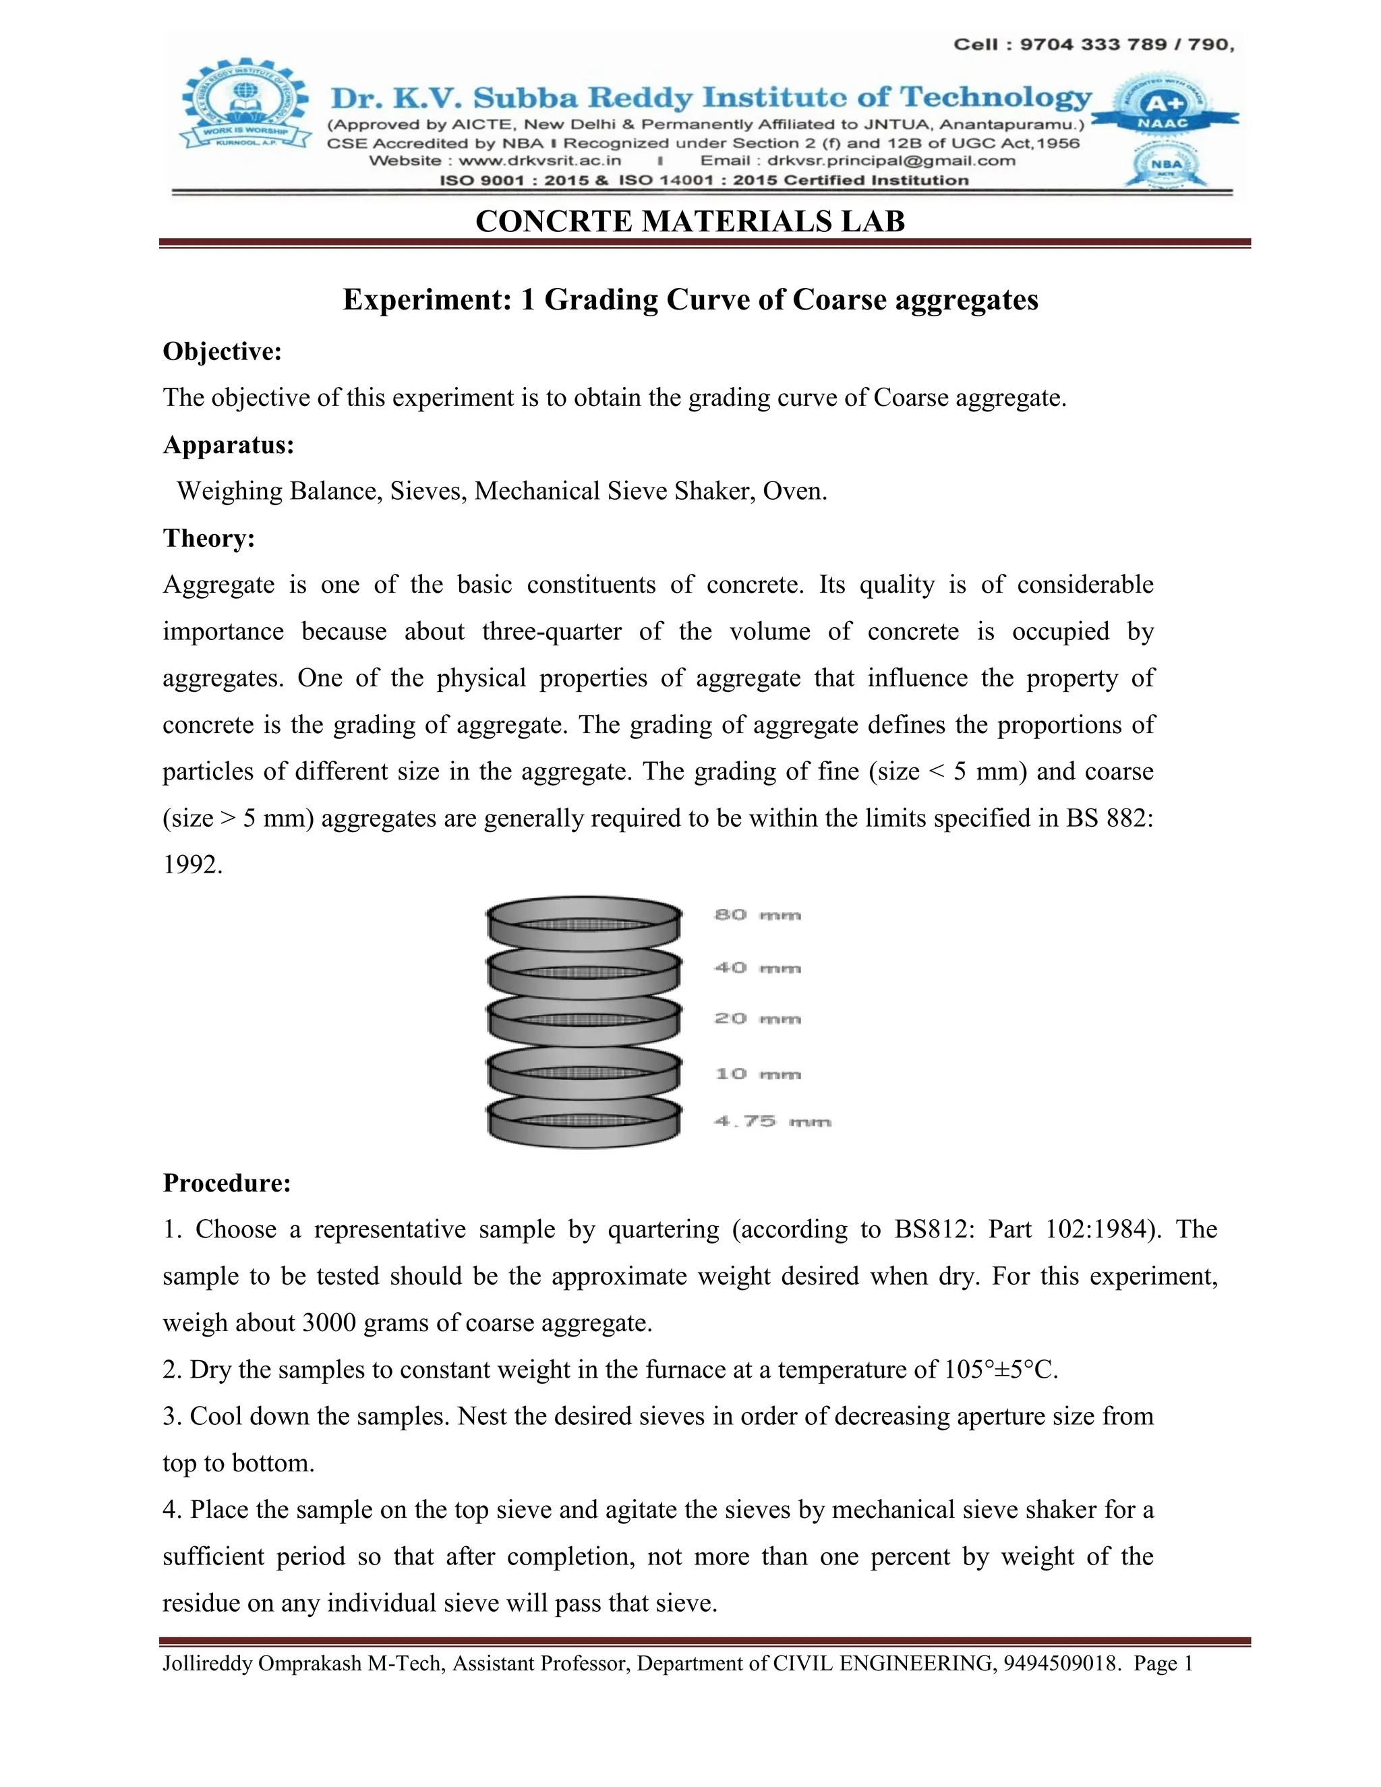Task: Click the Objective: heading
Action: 222,352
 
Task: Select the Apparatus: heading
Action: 229,445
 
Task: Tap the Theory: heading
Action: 208,538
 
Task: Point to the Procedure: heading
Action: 227,1183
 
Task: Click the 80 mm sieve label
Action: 757,915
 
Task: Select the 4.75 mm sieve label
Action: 771,1122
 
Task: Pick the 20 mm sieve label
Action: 757,1019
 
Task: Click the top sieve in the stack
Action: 583,923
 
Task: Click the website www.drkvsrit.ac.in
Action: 539,161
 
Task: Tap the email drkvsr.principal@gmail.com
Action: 891,161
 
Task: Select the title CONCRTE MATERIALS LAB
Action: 690,222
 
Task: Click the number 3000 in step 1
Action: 330,1323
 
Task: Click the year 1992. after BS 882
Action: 192,865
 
